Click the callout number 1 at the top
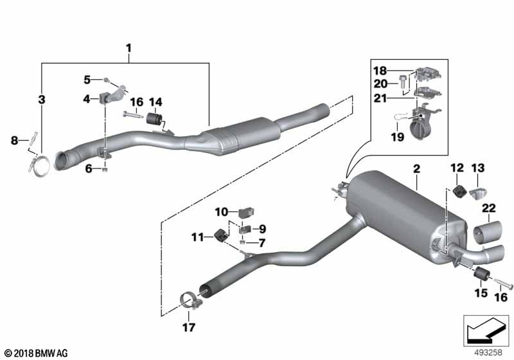tap(128, 48)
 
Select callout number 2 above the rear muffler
tap(416, 169)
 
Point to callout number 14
tap(157, 102)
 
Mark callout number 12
tap(456, 168)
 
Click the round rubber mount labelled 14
tap(155, 120)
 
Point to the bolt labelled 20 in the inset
tap(402, 82)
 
